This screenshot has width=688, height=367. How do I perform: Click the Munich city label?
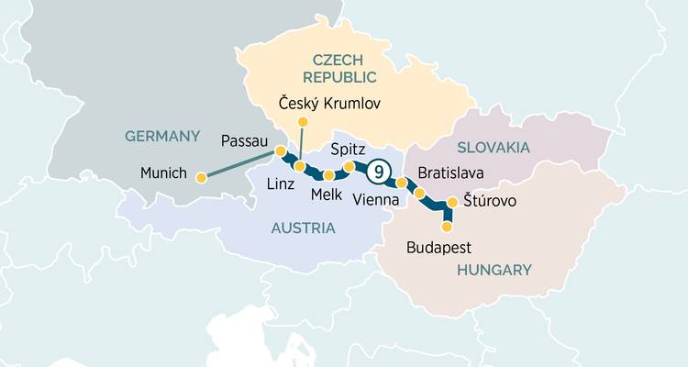click(164, 172)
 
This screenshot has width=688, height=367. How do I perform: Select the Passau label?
click(244, 141)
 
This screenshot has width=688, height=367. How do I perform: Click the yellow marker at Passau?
click(281, 150)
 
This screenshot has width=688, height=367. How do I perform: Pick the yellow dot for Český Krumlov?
click(304, 121)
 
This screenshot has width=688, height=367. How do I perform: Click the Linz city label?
click(280, 183)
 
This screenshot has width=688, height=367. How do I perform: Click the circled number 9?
click(379, 172)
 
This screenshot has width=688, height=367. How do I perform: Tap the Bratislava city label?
click(450, 172)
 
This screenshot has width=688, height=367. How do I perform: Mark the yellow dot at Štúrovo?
click(451, 203)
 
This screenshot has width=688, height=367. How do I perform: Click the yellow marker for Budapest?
click(447, 226)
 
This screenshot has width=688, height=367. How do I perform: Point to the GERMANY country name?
click(162, 136)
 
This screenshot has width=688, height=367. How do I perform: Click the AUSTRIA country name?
click(303, 228)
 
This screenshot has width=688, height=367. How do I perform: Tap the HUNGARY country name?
click(493, 270)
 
